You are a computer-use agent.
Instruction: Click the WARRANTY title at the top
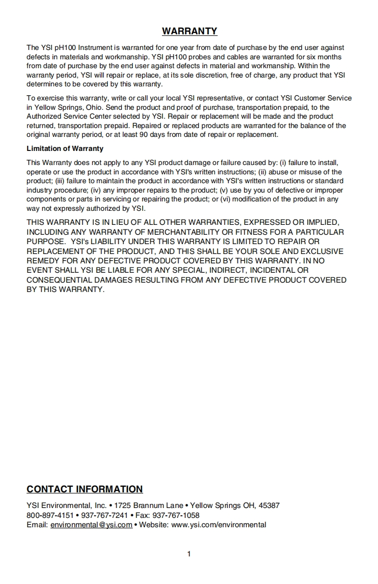pyautogui.click(x=190, y=31)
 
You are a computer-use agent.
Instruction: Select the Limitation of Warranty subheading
pyautogui.click(x=65, y=149)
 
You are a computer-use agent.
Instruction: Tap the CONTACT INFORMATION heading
pyautogui.click(x=85, y=489)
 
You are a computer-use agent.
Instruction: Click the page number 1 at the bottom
pyautogui.click(x=189, y=554)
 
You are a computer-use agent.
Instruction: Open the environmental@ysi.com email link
pyautogui.click(x=91, y=525)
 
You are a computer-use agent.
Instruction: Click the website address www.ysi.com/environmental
pyautogui.click(x=219, y=525)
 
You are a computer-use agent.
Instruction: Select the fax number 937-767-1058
pyautogui.click(x=176, y=515)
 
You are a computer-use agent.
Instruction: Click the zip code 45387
pyautogui.click(x=269, y=505)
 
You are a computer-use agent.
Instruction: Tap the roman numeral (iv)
pyautogui.click(x=96, y=191)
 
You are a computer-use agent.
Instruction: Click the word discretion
pyautogui.click(x=208, y=75)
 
